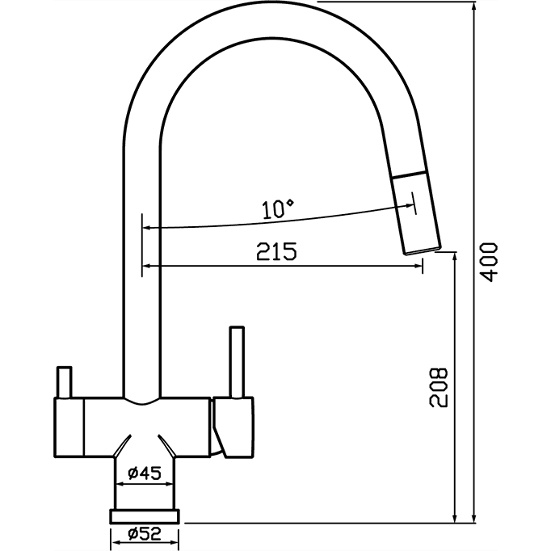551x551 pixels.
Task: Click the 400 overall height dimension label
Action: click(x=489, y=262)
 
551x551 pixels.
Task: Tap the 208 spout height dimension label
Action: click(x=439, y=388)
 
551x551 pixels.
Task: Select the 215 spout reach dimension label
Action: click(x=276, y=251)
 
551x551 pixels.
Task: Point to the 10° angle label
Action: click(x=278, y=208)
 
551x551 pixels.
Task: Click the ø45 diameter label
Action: click(x=145, y=473)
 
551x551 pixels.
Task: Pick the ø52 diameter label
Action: click(x=145, y=534)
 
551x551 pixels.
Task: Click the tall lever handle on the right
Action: click(x=237, y=362)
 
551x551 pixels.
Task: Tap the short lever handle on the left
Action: click(x=65, y=382)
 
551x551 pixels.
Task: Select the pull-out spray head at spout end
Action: click(x=416, y=212)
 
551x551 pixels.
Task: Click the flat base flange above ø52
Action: click(x=145, y=516)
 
